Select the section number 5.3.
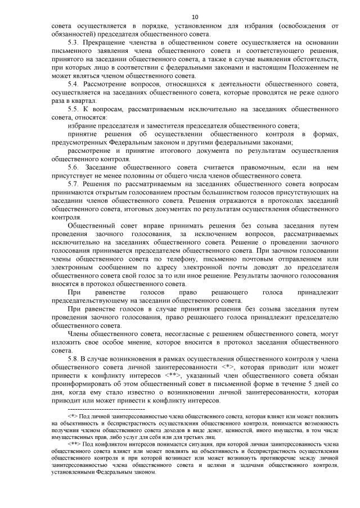[73, 43]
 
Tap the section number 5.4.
[73, 84]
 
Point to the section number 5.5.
[73, 109]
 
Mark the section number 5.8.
[73, 357]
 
